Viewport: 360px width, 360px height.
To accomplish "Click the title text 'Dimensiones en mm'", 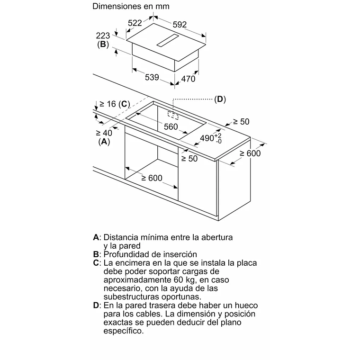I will point(131,7).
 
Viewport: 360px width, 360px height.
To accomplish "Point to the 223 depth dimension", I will point(103,36).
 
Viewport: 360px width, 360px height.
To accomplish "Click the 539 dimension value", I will point(152,78).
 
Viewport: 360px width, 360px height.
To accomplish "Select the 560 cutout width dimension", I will point(171,126).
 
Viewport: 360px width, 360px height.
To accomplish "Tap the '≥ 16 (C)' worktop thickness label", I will point(114,104).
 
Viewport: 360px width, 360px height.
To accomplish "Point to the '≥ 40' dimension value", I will point(104,133).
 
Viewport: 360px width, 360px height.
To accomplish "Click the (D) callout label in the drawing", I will point(220,99).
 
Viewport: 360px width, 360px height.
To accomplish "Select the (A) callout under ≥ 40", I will point(104,142).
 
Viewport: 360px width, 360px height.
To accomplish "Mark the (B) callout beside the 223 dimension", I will point(103,45).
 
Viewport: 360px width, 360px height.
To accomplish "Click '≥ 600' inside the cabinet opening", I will point(152,178).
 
